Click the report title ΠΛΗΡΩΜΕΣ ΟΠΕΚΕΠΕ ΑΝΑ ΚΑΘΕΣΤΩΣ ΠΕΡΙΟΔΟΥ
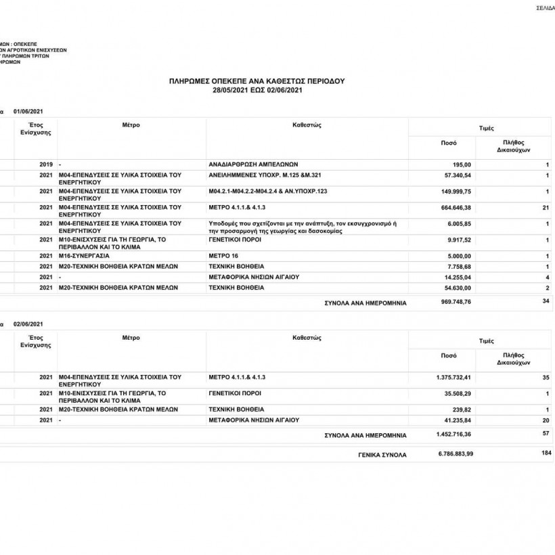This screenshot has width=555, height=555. pyautogui.click(x=257, y=81)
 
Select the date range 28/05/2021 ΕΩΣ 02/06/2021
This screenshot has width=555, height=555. pyautogui.click(x=257, y=89)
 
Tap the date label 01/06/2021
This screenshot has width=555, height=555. pyautogui.click(x=29, y=111)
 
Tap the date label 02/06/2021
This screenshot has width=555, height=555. pyautogui.click(x=29, y=324)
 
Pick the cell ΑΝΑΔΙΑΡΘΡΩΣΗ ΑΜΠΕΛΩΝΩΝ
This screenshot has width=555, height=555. pyautogui.click(x=254, y=164)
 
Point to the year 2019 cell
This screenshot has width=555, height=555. pyautogui.click(x=46, y=164)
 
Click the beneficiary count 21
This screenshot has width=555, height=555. pyautogui.click(x=546, y=207)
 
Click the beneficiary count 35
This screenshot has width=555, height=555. pyautogui.click(x=546, y=377)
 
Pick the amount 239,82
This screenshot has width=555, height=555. pyautogui.click(x=464, y=409)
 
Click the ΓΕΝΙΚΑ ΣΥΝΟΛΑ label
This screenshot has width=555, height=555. pyautogui.click(x=382, y=455)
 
